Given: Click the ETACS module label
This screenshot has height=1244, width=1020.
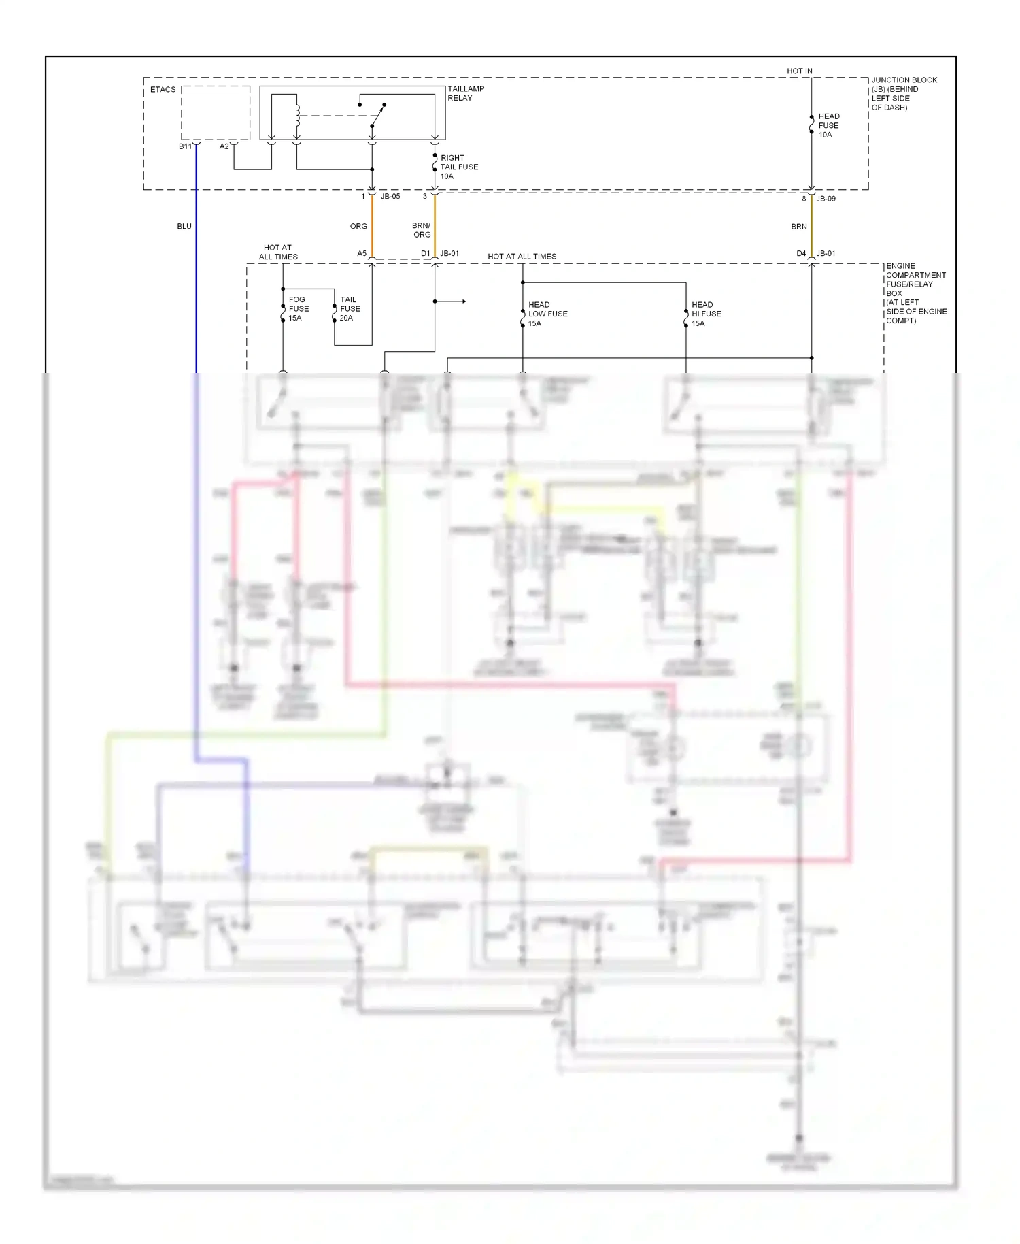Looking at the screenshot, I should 163,90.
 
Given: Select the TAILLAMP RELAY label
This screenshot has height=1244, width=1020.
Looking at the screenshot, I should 466,93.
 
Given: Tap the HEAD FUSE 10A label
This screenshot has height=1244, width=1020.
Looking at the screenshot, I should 828,126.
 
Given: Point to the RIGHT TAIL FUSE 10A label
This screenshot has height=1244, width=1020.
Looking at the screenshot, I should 458,167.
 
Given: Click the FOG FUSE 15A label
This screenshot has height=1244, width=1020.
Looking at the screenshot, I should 298,309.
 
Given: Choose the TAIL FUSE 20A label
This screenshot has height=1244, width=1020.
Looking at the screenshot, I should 350,309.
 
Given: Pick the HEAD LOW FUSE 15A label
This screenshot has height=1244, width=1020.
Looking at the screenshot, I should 547,314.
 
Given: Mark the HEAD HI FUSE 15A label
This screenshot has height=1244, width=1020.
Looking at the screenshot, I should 706,314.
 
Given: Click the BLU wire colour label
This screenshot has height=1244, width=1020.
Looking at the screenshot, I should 184,226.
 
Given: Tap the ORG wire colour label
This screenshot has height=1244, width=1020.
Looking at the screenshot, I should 358,226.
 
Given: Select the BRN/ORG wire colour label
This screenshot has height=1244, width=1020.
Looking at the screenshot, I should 422,230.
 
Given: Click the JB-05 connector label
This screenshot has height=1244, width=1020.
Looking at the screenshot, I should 390,197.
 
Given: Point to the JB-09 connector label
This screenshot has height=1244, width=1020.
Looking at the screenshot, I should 826,199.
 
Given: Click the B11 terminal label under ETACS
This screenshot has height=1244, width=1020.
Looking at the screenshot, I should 185,146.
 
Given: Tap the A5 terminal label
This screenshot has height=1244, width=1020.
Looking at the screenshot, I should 362,254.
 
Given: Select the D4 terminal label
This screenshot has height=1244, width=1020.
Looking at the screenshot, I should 801,254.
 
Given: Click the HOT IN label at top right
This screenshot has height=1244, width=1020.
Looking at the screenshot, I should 799,71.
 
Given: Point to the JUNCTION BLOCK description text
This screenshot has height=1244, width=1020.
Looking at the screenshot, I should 904,93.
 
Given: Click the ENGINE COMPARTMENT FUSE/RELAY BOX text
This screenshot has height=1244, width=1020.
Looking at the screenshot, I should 915,293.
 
